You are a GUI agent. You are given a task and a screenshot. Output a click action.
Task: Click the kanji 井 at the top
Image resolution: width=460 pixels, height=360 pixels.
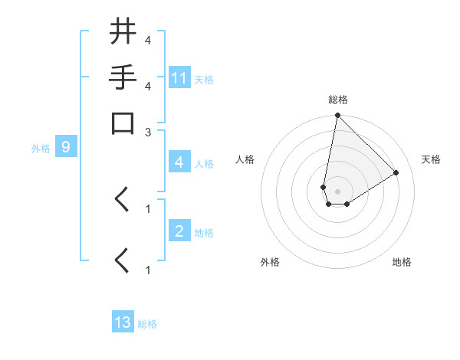click(x=123, y=32)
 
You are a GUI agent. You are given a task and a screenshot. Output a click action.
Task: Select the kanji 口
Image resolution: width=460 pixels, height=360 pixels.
click(x=123, y=123)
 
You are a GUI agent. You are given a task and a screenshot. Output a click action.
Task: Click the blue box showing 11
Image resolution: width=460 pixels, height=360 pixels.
click(x=179, y=78)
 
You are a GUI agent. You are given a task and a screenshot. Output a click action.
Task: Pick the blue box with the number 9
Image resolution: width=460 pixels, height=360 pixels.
click(x=66, y=148)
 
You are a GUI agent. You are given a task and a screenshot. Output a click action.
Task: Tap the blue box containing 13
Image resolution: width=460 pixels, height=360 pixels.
click(x=123, y=322)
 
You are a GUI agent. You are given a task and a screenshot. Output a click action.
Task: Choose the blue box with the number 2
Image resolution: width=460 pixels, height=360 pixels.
click(x=179, y=231)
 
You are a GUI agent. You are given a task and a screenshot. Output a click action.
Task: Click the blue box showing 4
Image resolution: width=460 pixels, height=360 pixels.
click(x=179, y=162)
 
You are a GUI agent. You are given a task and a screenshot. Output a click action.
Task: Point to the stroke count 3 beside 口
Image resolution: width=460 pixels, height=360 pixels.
click(x=148, y=132)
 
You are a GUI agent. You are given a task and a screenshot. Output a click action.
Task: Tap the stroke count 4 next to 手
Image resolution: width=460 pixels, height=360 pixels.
click(x=148, y=85)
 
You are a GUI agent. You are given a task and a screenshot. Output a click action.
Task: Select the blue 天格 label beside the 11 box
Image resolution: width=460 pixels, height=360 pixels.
click(x=204, y=79)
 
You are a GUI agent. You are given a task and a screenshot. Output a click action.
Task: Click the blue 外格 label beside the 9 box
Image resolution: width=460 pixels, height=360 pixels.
click(x=40, y=149)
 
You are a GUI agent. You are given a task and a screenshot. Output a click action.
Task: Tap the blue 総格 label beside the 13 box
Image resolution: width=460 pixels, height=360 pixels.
click(x=147, y=324)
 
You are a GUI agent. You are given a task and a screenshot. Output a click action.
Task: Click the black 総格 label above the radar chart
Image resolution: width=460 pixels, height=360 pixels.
click(x=338, y=100)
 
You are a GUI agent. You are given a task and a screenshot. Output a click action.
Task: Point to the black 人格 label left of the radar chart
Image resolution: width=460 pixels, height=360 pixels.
click(x=245, y=159)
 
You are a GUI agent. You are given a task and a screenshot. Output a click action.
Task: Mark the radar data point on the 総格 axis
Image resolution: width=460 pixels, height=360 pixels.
click(x=337, y=116)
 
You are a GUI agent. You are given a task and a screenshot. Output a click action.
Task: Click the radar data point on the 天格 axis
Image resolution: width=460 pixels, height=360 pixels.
click(x=396, y=172)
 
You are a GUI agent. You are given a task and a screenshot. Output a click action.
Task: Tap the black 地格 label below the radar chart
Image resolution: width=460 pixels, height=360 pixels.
click(x=402, y=262)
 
